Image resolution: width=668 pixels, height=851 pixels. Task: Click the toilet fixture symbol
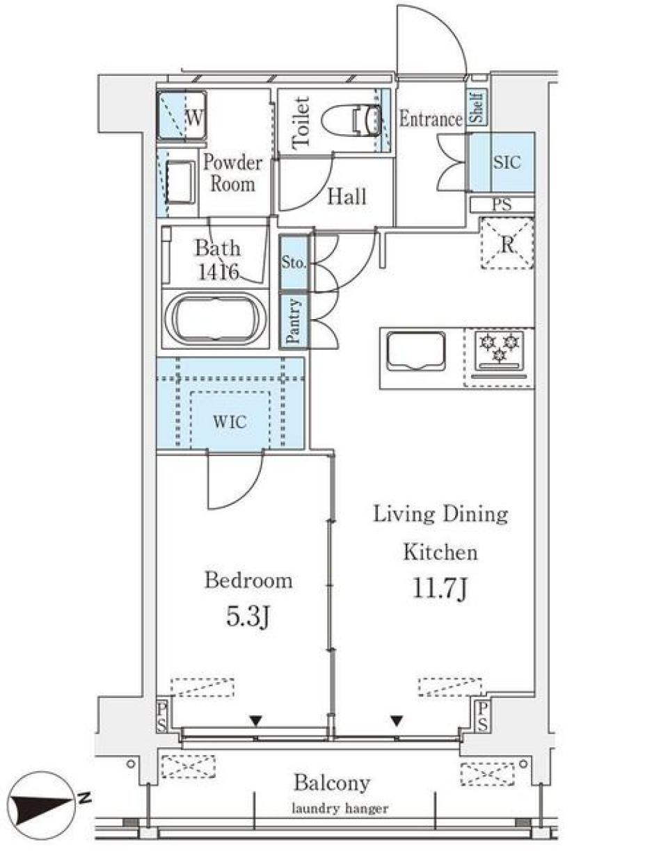click(353, 120)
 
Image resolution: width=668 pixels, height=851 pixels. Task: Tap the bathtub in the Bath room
click(216, 318)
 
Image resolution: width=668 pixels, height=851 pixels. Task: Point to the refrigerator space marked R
click(507, 243)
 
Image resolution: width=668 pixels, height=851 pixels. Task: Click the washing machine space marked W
click(182, 115)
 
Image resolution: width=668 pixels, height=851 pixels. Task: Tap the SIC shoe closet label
click(506, 162)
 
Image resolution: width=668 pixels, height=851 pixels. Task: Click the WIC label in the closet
click(230, 421)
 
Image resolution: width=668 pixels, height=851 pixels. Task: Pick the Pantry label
click(294, 321)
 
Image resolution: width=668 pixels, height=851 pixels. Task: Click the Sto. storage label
click(293, 263)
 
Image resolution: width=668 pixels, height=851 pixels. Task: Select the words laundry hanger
click(340, 809)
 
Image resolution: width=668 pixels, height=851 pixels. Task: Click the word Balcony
click(331, 783)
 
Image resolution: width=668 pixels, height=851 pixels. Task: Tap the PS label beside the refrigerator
click(501, 205)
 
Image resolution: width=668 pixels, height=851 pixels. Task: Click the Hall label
click(347, 197)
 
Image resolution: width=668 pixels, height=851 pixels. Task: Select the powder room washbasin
click(181, 181)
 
